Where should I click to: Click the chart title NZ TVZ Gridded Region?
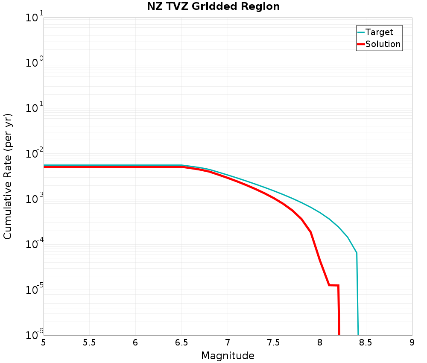pos(213,7)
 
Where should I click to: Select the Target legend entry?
pos(379,32)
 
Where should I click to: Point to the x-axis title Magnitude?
pos(228,356)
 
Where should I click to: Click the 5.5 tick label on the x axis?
pos(89,343)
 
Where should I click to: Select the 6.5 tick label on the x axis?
pos(181,343)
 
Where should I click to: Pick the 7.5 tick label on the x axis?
pos(273,343)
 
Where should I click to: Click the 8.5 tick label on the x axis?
pos(366,343)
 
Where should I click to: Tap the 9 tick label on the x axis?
pos(412,343)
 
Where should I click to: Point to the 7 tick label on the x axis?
pos(228,343)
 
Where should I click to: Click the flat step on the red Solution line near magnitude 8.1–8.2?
pos(333,285)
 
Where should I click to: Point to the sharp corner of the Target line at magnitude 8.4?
pos(357,253)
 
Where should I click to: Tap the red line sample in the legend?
pos(361,44)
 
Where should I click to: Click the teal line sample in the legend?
pos(361,32)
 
